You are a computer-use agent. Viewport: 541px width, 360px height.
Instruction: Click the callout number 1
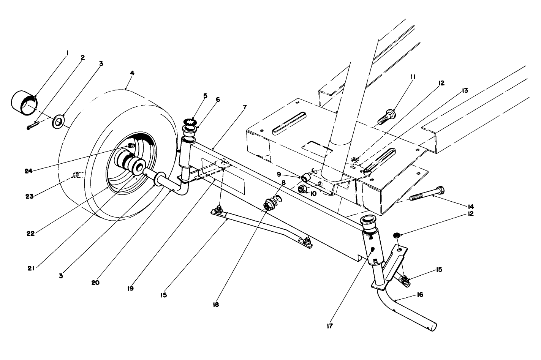click(x=67, y=54)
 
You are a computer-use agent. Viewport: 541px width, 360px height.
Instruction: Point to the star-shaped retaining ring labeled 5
click(x=191, y=122)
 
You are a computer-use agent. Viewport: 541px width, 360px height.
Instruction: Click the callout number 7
click(x=245, y=107)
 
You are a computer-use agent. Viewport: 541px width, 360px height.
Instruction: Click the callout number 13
click(x=465, y=91)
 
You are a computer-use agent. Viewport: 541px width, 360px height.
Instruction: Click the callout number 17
click(x=329, y=326)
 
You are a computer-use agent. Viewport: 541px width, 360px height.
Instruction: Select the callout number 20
click(x=95, y=283)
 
